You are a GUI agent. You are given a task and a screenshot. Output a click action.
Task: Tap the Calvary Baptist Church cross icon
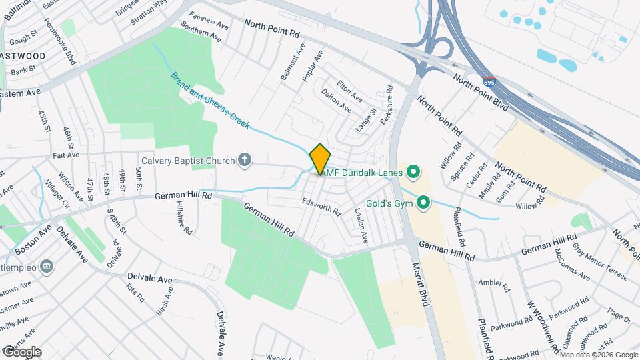click(245, 160)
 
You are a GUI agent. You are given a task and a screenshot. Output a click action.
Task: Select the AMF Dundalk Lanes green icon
click(413, 173)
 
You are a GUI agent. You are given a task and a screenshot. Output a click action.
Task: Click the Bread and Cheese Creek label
click(209, 100)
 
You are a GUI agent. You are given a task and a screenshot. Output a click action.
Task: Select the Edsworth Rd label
click(321, 206)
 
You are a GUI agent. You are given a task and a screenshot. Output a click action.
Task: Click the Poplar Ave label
click(313, 65)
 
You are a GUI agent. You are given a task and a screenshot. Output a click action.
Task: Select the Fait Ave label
click(65, 155)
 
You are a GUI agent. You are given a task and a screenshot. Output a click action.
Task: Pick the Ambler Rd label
click(493, 283)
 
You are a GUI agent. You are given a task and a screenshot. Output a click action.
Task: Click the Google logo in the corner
click(21, 351)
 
